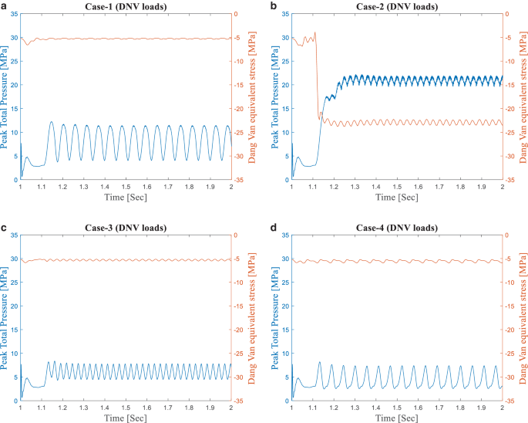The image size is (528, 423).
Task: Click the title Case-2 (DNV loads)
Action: (x=397, y=6)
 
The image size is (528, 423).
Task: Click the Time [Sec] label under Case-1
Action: (x=125, y=197)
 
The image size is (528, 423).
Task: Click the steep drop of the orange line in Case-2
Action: (x=317, y=77)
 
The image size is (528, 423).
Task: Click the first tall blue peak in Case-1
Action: (x=52, y=121)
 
